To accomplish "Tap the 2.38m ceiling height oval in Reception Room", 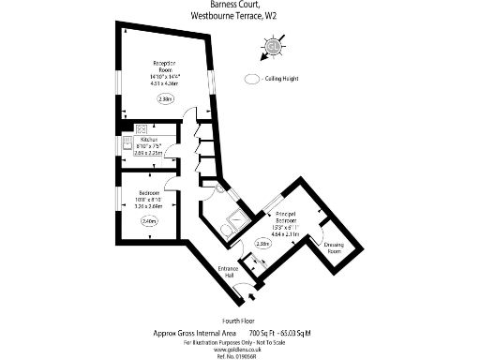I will (166, 98).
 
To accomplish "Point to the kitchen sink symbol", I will (127, 146).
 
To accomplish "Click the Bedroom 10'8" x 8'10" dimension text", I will (150, 199).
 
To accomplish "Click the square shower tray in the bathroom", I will (236, 217).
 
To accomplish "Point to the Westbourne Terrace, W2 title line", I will (239, 15).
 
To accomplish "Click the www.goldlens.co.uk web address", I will (239, 348).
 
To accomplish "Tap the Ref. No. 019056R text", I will (239, 355).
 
